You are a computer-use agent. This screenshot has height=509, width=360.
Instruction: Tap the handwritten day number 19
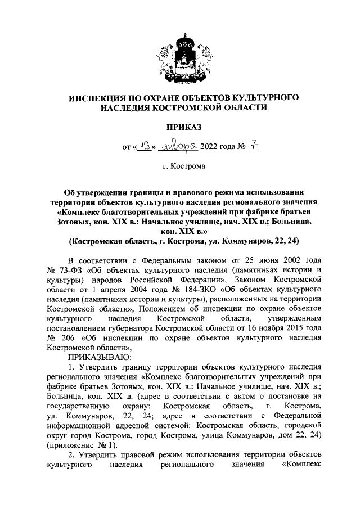145,147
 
